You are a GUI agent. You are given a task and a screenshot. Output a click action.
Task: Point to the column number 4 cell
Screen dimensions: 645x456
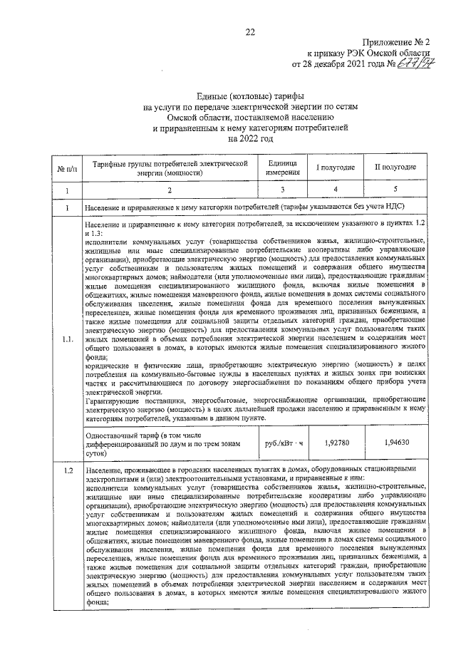336,190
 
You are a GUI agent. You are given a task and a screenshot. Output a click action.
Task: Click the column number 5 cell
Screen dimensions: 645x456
395,190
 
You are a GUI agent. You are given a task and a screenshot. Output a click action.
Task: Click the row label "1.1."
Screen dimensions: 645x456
66,339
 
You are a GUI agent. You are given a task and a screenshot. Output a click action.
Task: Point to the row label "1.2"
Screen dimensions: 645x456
66,471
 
